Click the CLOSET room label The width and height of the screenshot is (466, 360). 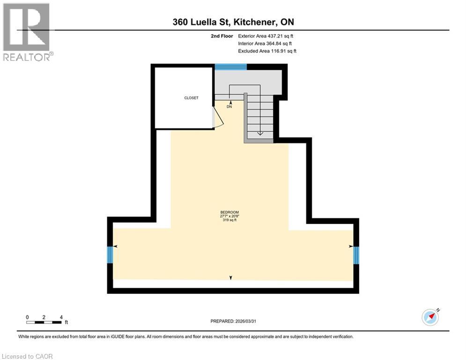(x=191, y=98)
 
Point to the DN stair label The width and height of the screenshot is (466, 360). (x=230, y=107)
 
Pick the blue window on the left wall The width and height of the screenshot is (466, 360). (x=110, y=255)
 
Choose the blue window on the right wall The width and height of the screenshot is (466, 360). (x=356, y=255)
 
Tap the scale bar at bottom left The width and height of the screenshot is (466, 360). (x=44, y=322)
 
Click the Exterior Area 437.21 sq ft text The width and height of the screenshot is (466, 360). (x=266, y=36)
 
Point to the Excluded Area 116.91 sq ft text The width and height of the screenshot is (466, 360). (x=267, y=51)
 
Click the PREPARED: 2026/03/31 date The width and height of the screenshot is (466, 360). (x=233, y=321)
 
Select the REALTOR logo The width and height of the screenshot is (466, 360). (x=27, y=32)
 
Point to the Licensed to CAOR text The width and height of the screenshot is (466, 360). (x=27, y=356)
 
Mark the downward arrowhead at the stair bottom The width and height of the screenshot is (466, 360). (x=260, y=134)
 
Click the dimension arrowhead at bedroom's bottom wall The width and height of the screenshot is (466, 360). (x=230, y=278)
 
